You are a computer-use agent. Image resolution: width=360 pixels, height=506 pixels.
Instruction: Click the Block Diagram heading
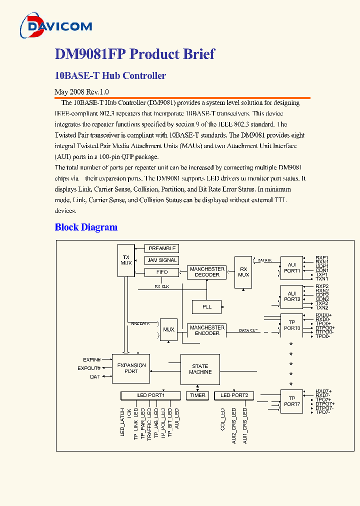(x=86, y=227)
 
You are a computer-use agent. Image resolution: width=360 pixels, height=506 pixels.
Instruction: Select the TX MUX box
(x=125, y=260)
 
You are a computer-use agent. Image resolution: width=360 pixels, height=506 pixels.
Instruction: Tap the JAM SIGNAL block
(x=161, y=260)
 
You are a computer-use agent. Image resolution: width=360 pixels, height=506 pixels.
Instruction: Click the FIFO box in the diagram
(x=161, y=272)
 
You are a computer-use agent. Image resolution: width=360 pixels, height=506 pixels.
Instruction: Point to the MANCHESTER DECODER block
(x=207, y=272)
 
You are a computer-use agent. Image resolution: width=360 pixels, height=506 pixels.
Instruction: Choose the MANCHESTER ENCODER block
(x=207, y=330)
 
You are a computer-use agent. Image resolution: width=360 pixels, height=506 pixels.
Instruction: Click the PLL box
(x=206, y=306)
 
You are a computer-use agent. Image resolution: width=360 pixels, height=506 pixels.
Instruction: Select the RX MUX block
(x=243, y=271)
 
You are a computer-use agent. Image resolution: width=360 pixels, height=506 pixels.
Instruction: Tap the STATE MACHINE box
(x=200, y=369)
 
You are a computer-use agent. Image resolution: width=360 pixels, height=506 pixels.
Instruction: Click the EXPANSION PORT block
(x=131, y=368)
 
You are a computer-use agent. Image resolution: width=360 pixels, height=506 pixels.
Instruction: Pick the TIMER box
(x=197, y=395)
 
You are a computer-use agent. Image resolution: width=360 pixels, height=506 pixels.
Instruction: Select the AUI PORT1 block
(x=292, y=268)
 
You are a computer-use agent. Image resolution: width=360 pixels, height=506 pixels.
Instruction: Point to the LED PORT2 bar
(x=234, y=395)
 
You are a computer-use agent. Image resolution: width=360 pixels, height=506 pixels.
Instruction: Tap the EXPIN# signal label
(x=92, y=359)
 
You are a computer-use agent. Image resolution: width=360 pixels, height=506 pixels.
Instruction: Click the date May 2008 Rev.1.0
(x=81, y=92)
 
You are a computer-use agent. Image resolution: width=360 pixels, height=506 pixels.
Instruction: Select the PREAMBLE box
(x=161, y=248)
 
